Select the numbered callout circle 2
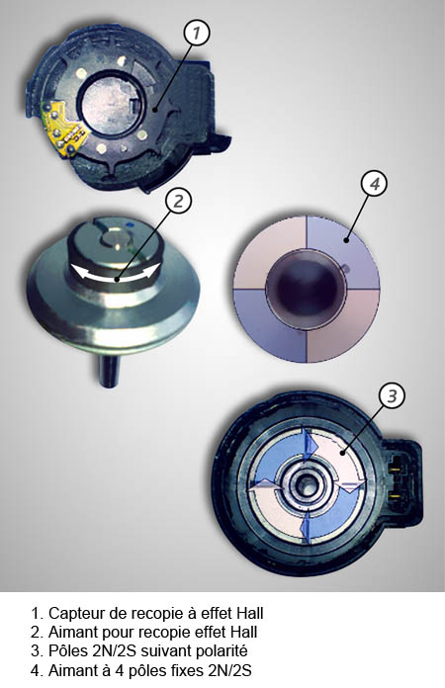[178, 201]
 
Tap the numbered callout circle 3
[392, 395]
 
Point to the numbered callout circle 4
[374, 184]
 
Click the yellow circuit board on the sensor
[62, 128]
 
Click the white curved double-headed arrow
[115, 274]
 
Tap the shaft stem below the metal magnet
[108, 372]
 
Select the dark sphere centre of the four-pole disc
[307, 290]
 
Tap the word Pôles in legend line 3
[68, 650]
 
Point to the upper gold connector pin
[397, 469]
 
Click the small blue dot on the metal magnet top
[130, 225]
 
